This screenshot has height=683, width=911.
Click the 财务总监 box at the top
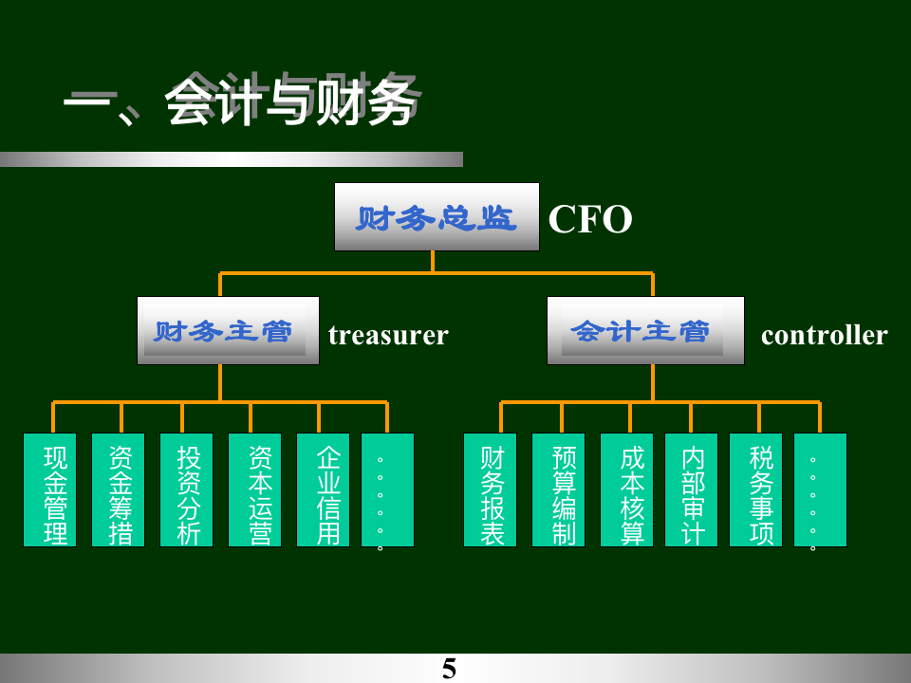437,217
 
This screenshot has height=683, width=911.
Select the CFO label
590,219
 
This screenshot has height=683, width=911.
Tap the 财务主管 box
228,331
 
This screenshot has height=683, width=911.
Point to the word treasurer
388,335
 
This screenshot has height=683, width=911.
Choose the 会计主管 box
645,331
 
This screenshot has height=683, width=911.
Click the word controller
824,335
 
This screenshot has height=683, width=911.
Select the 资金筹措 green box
119,489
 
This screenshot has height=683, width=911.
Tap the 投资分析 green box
187,489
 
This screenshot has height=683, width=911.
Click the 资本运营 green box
255,489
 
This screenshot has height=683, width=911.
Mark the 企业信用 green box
324,489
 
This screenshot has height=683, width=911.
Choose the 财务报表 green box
491,489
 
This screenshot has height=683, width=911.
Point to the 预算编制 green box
559,489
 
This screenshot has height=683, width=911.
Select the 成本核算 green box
627,489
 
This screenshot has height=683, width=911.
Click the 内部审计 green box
692,489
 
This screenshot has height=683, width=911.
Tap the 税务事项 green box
756,489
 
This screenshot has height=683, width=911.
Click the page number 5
449,668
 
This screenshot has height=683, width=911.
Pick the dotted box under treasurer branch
387,489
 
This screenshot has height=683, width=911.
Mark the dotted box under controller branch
820,489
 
